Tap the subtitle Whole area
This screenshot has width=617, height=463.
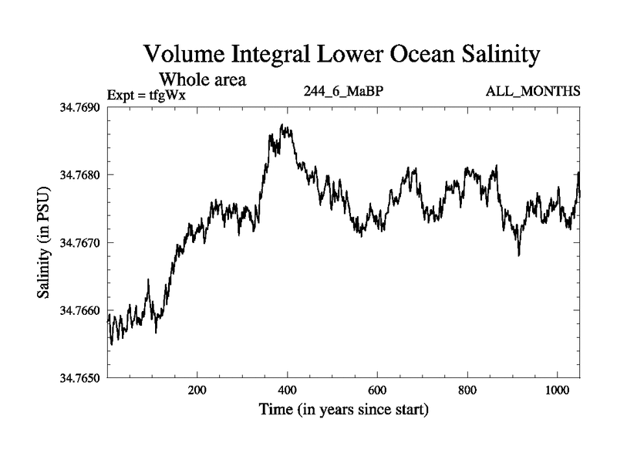[x=202, y=79]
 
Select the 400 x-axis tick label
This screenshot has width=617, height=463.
[x=288, y=391]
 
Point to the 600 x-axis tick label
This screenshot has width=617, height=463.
[x=377, y=391]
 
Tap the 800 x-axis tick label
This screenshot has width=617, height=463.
[x=467, y=391]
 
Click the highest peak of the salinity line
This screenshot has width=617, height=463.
[x=282, y=125]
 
